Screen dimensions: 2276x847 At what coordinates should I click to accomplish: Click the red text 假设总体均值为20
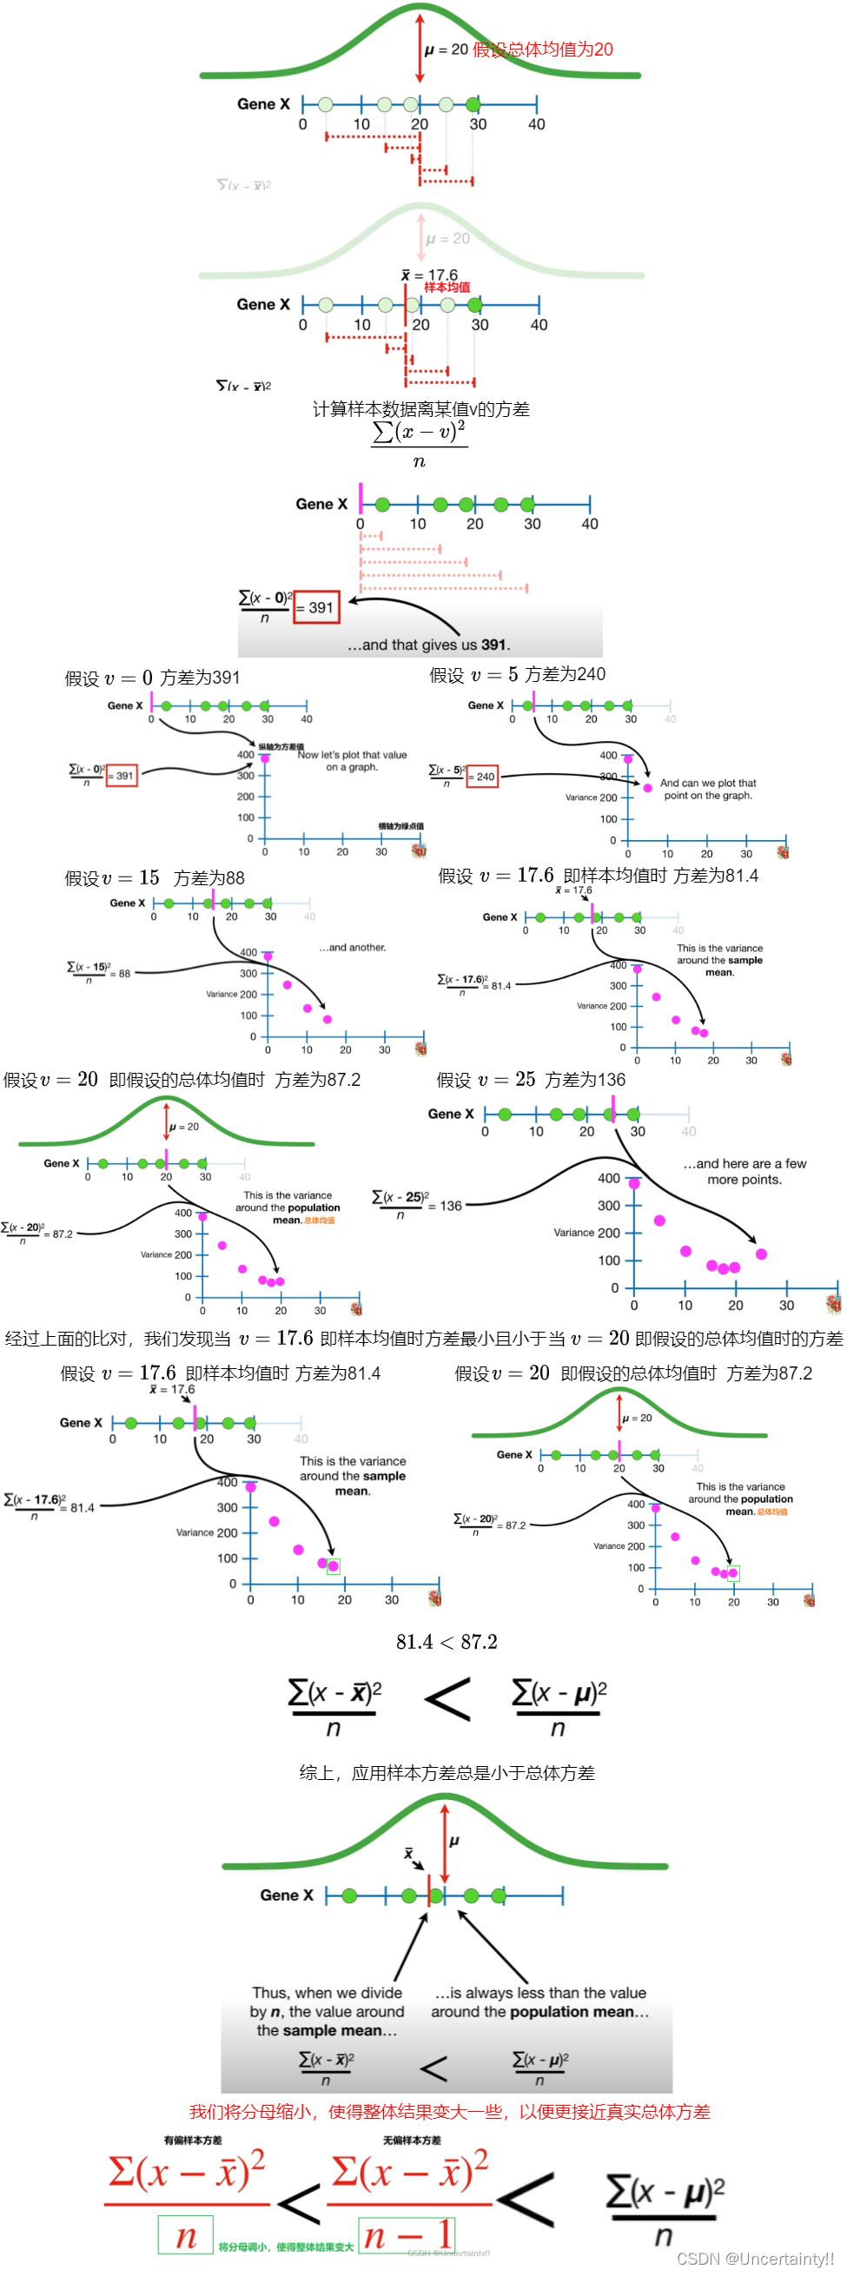(x=542, y=50)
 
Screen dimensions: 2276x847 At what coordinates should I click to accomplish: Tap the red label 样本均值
(x=447, y=288)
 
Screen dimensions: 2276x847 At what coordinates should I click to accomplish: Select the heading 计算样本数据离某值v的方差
(x=421, y=409)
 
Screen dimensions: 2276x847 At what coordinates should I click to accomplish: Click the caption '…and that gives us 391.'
(x=428, y=645)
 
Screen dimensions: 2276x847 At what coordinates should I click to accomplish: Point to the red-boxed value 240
(x=483, y=777)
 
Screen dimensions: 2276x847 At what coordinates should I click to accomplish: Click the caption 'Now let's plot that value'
(x=353, y=755)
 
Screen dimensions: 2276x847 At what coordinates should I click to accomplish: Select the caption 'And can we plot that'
(x=708, y=783)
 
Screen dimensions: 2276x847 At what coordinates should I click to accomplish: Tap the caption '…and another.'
(x=353, y=947)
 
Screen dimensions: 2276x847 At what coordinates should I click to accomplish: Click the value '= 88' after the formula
(x=121, y=974)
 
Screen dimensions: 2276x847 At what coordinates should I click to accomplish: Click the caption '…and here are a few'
(x=744, y=1163)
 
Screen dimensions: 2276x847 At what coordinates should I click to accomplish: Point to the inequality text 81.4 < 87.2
(x=447, y=1642)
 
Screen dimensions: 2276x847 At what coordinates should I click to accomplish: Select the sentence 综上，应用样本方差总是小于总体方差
(x=447, y=1772)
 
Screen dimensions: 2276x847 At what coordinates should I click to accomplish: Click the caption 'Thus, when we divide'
(x=327, y=1993)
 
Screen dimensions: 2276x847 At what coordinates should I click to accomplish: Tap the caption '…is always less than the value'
(x=540, y=1993)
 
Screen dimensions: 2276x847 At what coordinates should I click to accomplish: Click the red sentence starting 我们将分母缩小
(x=449, y=2112)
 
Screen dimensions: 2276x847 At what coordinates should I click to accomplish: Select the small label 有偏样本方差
(x=193, y=2140)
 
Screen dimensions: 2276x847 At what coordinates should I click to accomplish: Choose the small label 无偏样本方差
(x=412, y=2140)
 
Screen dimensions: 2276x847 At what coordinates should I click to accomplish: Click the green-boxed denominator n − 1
(x=407, y=2235)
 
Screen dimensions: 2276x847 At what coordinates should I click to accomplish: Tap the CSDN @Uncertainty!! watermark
(x=755, y=2259)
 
